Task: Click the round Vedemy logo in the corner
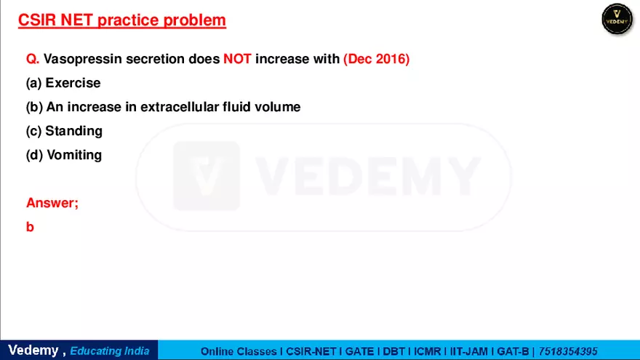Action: point(617,19)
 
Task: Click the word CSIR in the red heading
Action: point(37,20)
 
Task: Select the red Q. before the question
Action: point(33,59)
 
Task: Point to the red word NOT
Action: point(237,59)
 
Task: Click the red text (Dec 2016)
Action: point(376,59)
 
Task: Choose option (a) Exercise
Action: point(63,83)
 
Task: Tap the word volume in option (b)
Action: point(278,107)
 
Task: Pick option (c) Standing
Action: point(64,131)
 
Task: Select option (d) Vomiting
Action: point(64,155)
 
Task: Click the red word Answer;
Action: point(52,203)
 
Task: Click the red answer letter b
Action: point(30,227)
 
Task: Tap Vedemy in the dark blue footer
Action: point(33,351)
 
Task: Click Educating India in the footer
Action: point(110,351)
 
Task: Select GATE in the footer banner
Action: point(359,351)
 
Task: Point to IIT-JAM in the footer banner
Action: point(468,351)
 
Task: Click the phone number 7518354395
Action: point(568,351)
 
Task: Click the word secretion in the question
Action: point(155,59)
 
